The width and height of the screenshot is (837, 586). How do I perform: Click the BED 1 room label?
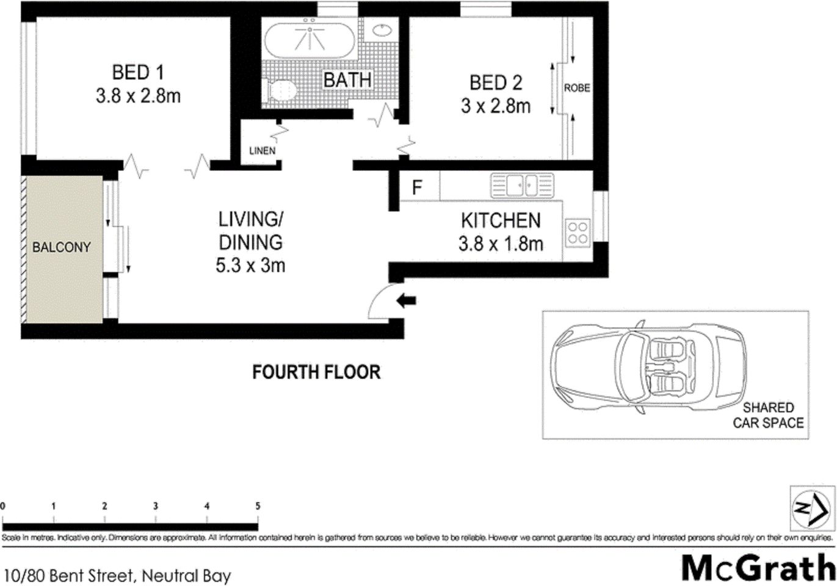(x=138, y=73)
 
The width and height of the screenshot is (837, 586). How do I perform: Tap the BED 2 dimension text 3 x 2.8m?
(x=495, y=106)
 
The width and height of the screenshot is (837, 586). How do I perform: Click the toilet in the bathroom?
(x=281, y=92)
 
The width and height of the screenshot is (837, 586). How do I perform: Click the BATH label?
(x=347, y=80)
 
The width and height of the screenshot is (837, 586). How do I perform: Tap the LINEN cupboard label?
(x=262, y=151)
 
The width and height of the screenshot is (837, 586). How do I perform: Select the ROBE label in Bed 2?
(x=576, y=88)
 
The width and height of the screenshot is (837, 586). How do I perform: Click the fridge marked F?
(x=418, y=187)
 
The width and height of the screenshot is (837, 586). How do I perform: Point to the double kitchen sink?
(x=522, y=185)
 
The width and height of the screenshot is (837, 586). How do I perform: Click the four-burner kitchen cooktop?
(x=578, y=233)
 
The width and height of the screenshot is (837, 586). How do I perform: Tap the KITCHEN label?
(x=501, y=220)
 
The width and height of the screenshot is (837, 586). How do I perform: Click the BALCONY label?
(x=61, y=247)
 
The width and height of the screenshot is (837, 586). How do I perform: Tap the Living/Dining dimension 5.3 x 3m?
(x=250, y=266)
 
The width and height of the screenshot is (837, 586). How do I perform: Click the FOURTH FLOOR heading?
(x=316, y=372)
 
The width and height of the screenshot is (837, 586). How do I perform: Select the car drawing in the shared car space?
(x=647, y=367)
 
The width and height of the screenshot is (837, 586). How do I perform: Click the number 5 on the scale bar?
(x=258, y=506)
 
